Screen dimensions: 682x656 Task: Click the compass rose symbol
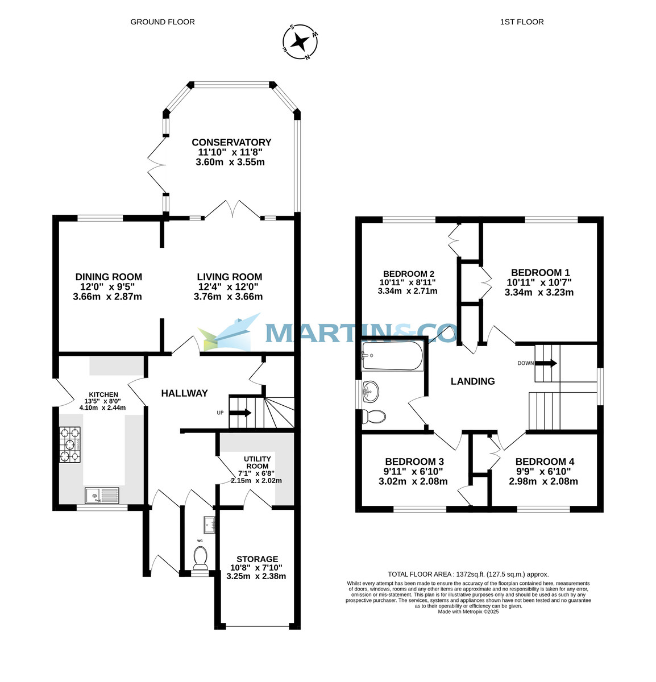click(x=300, y=42)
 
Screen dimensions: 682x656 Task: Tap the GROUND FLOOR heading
click(x=163, y=22)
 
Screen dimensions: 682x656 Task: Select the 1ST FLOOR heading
click(x=521, y=22)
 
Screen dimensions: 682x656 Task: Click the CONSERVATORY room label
click(x=231, y=142)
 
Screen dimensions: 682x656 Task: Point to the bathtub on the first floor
click(x=393, y=356)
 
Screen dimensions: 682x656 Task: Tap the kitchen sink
click(x=102, y=496)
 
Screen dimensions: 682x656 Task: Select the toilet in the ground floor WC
click(x=200, y=558)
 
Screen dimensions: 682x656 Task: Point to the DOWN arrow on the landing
click(x=546, y=363)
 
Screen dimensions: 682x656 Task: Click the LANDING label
click(x=472, y=381)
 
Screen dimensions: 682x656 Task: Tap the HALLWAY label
click(x=184, y=393)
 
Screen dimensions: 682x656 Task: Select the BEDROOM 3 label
click(x=414, y=461)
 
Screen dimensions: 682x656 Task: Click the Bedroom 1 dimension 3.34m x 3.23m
click(x=539, y=293)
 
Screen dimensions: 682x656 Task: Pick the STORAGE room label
click(x=257, y=559)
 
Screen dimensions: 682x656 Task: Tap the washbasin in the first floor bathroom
click(x=373, y=390)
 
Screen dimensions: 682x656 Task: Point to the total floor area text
click(x=468, y=574)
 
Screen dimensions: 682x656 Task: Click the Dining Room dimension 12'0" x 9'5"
click(x=107, y=287)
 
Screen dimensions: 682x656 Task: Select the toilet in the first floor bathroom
click(x=374, y=417)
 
